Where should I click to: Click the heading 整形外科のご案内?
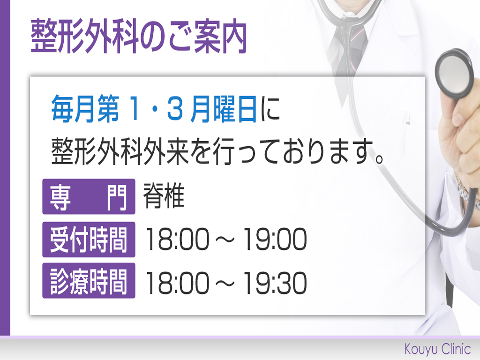point(139,36)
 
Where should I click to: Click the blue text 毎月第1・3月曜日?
point(154,109)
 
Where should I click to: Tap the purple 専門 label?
point(89,196)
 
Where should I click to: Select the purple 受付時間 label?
point(89,240)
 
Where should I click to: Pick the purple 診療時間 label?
point(89,281)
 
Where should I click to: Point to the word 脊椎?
point(164,195)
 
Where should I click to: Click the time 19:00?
point(275,239)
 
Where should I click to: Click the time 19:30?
point(275,283)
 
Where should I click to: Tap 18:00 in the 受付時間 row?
point(178,239)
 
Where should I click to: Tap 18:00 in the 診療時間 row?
point(178,283)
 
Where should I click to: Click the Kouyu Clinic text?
point(437,349)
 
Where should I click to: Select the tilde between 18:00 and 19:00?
point(226,240)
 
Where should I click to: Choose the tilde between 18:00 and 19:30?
point(226,284)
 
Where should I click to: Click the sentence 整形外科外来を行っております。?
point(217,152)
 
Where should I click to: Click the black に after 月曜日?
point(270,109)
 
